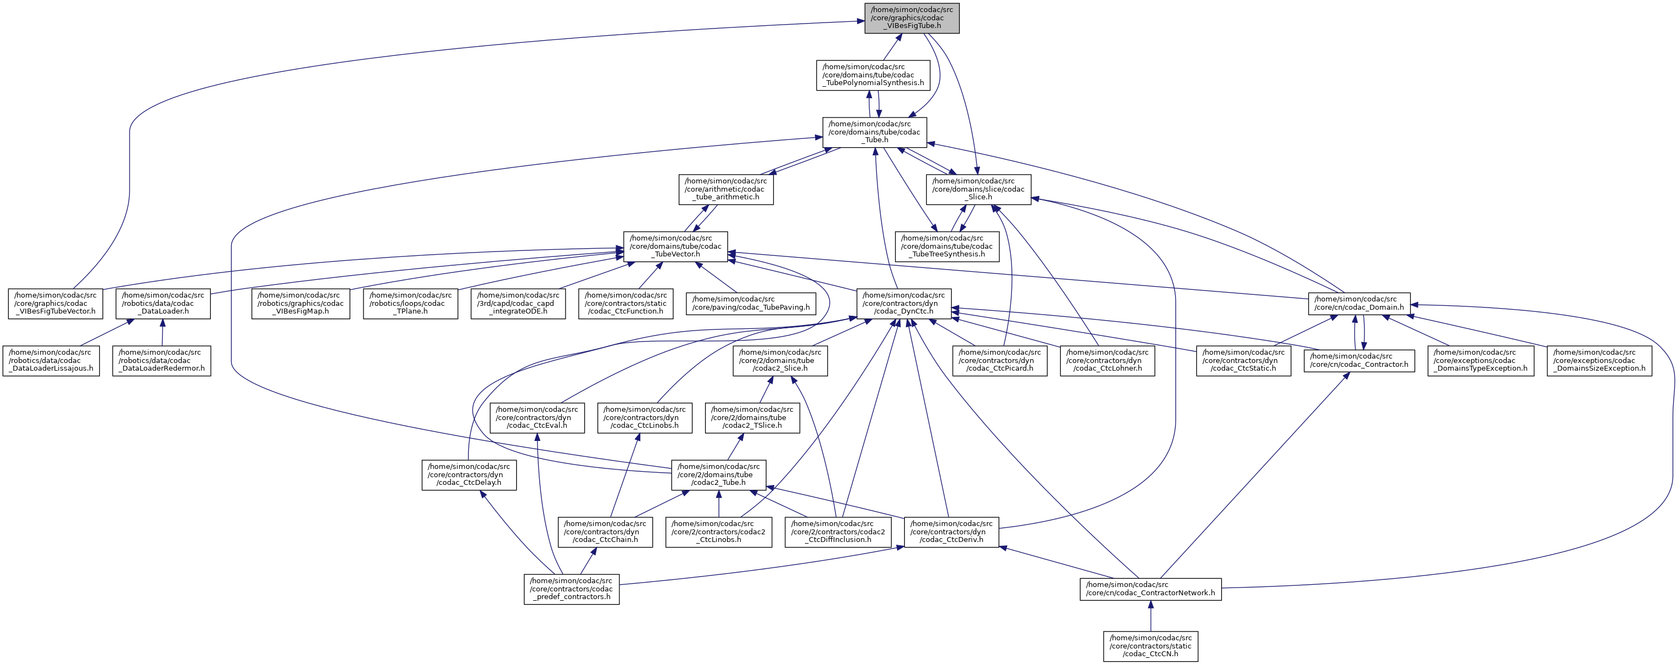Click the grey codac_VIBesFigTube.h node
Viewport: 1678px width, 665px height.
(x=912, y=18)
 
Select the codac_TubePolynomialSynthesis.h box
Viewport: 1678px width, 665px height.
(x=873, y=75)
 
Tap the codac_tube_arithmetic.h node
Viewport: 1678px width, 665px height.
(x=726, y=189)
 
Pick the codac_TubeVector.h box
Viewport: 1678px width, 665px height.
(x=675, y=246)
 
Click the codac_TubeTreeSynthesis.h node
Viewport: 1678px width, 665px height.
(x=947, y=246)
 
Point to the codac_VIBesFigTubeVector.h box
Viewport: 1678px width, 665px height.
(x=55, y=304)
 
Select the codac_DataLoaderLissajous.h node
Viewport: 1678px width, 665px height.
(x=51, y=360)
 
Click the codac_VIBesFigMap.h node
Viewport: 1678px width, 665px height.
(x=301, y=304)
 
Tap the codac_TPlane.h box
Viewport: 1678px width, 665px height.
(x=410, y=304)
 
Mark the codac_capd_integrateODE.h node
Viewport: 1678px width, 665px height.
(x=518, y=304)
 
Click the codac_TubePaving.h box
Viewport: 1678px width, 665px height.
(x=751, y=303)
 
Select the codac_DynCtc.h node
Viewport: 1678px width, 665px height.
(x=903, y=304)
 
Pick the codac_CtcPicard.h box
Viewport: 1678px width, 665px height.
(x=999, y=360)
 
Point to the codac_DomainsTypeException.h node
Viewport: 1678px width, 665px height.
(x=1480, y=360)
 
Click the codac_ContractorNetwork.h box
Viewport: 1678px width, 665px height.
(x=1150, y=589)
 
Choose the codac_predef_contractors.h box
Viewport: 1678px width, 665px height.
(x=571, y=589)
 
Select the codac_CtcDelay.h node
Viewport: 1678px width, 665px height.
(x=469, y=475)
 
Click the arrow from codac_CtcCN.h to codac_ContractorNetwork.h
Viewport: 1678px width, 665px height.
(x=1150, y=616)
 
